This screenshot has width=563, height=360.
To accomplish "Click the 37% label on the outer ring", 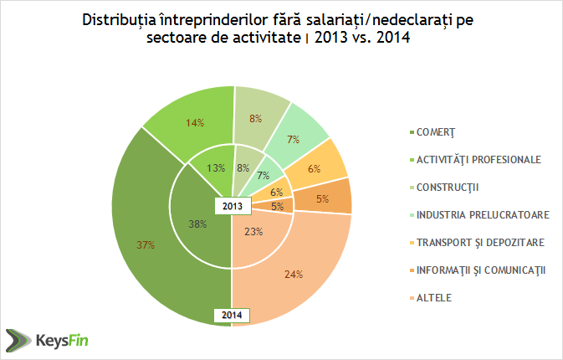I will pyautogui.click(x=146, y=244).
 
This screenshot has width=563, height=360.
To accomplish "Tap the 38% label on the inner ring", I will pyautogui.click(x=198, y=224).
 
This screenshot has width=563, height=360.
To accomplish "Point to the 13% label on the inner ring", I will pyautogui.click(x=215, y=167).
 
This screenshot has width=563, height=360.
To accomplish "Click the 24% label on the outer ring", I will pyautogui.click(x=293, y=273).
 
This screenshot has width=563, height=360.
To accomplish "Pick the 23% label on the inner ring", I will pyautogui.click(x=252, y=232).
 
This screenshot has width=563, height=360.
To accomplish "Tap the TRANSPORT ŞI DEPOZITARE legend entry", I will pyautogui.click(x=476, y=242).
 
